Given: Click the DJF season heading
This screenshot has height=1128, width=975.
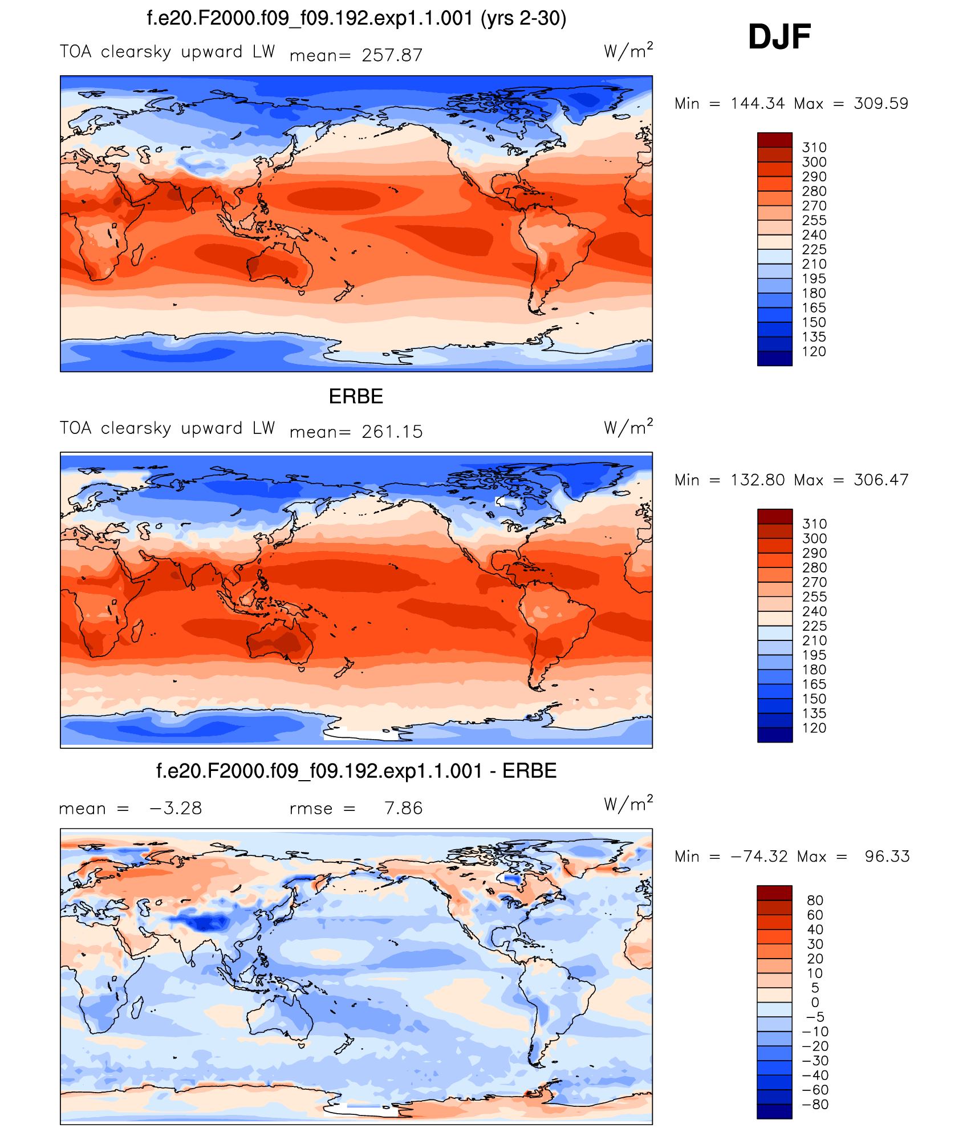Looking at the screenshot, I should click(x=779, y=37).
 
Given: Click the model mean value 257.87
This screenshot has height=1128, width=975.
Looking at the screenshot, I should click(x=392, y=55).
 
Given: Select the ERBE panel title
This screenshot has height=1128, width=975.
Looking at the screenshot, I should click(x=356, y=396).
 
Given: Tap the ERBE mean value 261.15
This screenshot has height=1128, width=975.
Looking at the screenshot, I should click(x=392, y=432).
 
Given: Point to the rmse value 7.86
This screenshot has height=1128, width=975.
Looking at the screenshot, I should click(x=403, y=808).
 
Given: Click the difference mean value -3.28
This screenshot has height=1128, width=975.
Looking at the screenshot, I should click(x=176, y=808).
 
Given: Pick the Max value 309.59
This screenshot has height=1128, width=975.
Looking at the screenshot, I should click(x=880, y=103).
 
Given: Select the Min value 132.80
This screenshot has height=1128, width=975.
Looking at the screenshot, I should click(x=758, y=480).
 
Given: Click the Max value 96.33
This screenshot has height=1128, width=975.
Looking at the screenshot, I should click(x=887, y=856).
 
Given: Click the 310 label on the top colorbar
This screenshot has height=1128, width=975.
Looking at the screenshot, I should click(x=814, y=147).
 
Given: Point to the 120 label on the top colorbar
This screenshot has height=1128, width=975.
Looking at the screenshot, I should click(x=814, y=351).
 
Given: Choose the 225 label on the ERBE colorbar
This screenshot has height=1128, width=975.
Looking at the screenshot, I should click(x=814, y=626).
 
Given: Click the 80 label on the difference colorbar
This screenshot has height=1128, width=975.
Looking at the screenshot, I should click(x=815, y=900).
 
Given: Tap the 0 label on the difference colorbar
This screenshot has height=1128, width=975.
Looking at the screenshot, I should click(x=815, y=1002).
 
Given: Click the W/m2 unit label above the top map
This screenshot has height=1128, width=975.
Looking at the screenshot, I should click(x=628, y=51).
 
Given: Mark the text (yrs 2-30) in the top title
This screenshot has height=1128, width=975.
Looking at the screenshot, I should click(x=523, y=18).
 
